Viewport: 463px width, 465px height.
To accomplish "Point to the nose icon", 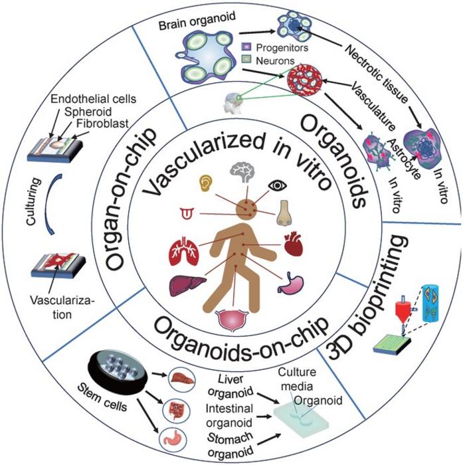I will pyautogui.click(x=285, y=213).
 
